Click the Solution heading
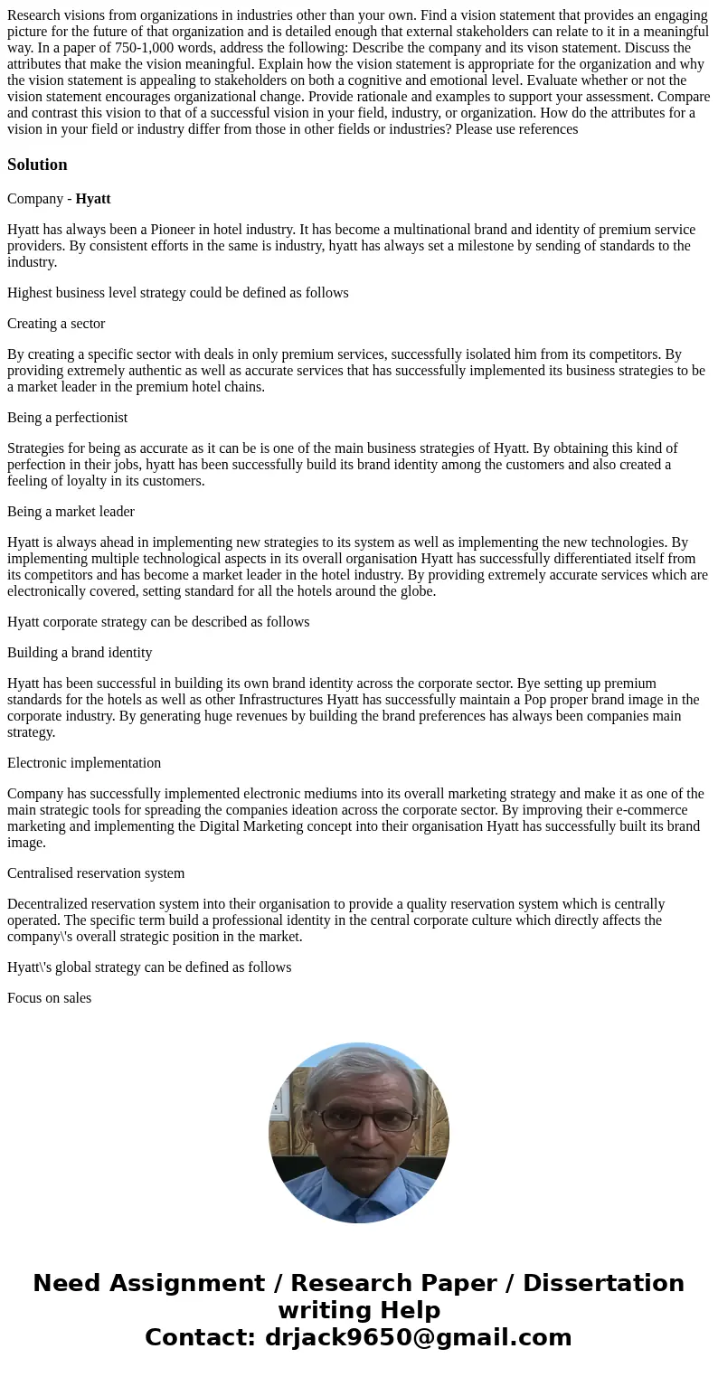[37, 165]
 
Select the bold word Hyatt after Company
[93, 198]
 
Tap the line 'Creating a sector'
[56, 324]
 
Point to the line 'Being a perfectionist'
[67, 418]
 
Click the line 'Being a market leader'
[71, 512]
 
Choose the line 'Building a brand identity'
[80, 653]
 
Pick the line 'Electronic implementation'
[84, 763]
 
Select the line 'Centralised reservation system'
[96, 873]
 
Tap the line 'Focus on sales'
[49, 998]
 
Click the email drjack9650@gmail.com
[418, 1337]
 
